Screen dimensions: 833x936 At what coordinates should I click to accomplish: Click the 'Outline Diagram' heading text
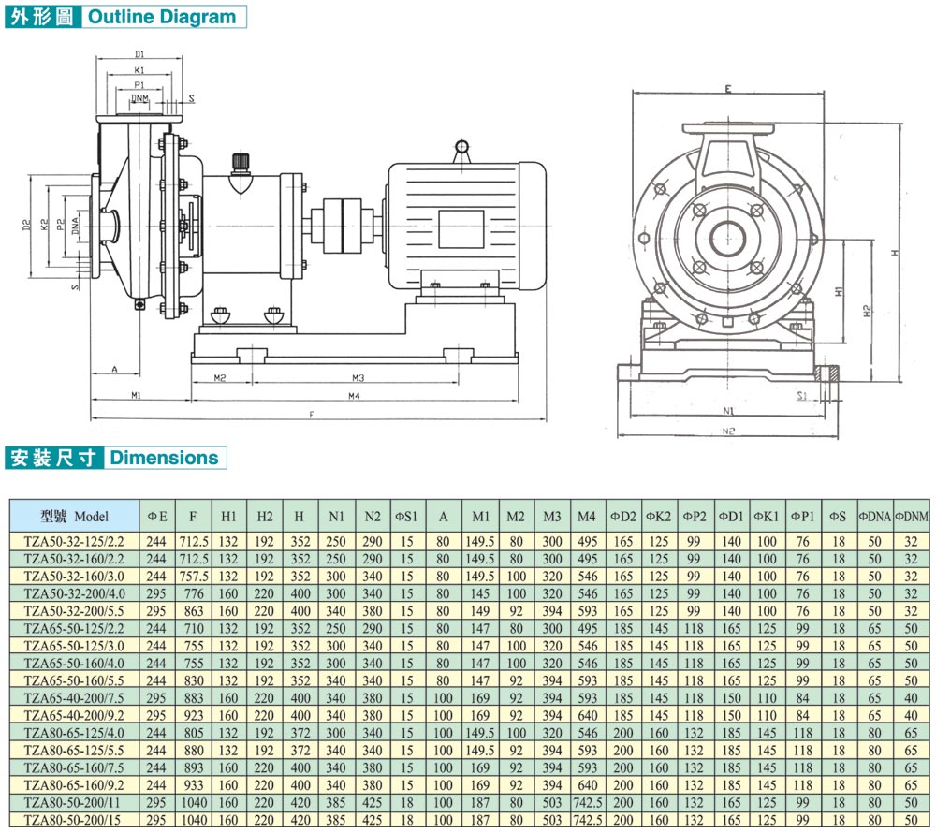(162, 17)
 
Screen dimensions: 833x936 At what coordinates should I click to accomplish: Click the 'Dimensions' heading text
(165, 458)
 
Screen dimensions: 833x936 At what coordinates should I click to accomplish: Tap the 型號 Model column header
(75, 516)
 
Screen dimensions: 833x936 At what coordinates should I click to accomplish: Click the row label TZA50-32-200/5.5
(75, 609)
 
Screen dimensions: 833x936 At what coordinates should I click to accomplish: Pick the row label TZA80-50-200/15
(75, 821)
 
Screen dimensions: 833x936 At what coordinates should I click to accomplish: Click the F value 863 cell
(193, 609)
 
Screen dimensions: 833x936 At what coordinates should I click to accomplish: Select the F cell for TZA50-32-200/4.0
(193, 592)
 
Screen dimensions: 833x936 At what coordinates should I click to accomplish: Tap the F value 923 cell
(193, 715)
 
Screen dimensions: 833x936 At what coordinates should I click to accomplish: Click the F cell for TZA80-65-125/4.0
(193, 733)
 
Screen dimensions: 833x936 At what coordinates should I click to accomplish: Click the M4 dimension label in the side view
(355, 397)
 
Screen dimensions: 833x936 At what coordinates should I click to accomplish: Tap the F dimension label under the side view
(311, 414)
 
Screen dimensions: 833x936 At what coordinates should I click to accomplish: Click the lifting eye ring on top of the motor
(461, 147)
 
